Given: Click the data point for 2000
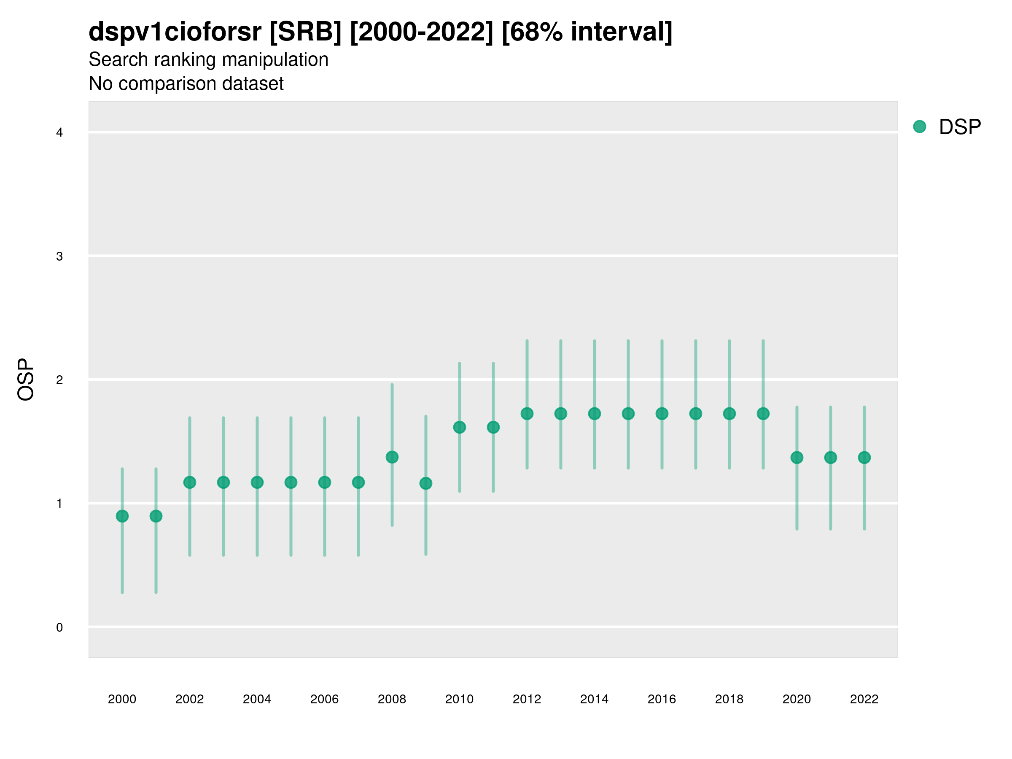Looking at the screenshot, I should (122, 516).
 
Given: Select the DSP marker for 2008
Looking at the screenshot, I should (392, 457).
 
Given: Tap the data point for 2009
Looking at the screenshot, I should (425, 483).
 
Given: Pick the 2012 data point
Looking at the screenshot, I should (527, 414).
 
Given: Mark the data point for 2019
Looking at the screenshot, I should (763, 414).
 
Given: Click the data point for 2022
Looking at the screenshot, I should (864, 458).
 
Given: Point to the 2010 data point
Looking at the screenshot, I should (459, 427).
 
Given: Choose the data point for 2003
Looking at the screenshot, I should (223, 482).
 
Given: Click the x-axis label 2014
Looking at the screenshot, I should (594, 699).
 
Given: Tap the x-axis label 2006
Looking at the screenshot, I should (324, 699).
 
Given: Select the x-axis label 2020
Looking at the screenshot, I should (797, 699).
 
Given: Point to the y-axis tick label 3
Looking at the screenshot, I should (59, 256).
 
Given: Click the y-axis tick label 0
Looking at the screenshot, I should (59, 627).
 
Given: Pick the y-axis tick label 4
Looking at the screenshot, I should (59, 133).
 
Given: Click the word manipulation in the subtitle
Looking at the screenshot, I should (275, 60).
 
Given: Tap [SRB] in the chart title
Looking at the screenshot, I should (305, 32).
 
